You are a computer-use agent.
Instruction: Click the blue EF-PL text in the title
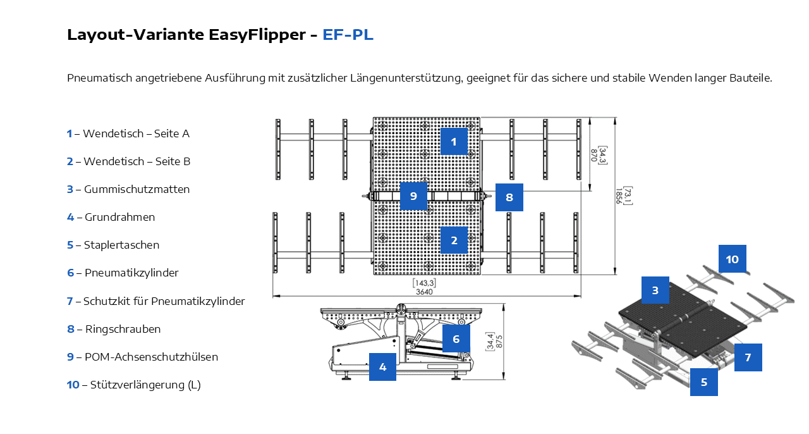[x=348, y=35]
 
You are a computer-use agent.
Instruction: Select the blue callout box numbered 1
[x=454, y=142]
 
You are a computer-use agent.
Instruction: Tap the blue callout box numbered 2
[x=454, y=240]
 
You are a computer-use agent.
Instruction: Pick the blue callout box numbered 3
[x=655, y=290]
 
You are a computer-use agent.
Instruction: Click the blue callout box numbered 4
[x=382, y=367]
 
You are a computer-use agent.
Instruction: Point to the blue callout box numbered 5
[x=704, y=382]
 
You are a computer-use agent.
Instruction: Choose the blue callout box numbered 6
[x=456, y=338]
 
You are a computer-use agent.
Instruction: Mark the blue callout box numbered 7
[x=748, y=357]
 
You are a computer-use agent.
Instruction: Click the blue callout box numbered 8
[x=509, y=197]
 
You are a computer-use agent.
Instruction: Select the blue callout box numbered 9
[x=413, y=195]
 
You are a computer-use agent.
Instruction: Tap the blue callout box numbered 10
[x=733, y=259]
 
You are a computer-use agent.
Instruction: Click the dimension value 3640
[x=424, y=292]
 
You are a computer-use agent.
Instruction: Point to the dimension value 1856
[x=619, y=196]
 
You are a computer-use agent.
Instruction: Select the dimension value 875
[x=499, y=342]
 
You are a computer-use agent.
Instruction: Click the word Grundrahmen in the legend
[x=119, y=217]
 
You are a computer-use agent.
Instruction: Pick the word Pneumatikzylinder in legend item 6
[x=131, y=273]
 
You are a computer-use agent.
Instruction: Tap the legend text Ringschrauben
[x=123, y=329]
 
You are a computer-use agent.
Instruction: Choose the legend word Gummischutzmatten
[x=137, y=189]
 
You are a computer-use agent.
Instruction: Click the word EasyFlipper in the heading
[x=257, y=35]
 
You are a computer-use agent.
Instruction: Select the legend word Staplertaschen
[x=121, y=245]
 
